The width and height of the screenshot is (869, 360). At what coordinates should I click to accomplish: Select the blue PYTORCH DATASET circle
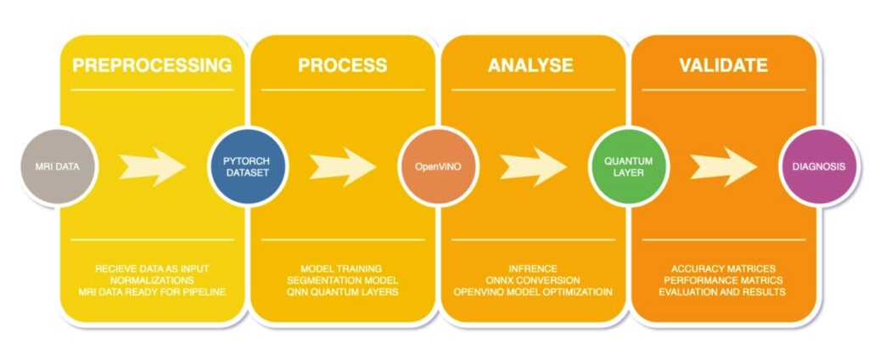(246, 167)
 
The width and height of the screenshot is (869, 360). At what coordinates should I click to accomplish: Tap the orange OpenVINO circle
(437, 167)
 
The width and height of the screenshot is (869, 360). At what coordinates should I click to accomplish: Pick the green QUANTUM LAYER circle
(628, 167)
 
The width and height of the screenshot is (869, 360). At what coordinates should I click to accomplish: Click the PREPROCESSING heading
(152, 66)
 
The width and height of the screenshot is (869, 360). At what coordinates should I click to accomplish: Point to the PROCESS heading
(342, 66)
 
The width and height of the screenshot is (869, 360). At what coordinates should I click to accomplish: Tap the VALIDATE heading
(723, 66)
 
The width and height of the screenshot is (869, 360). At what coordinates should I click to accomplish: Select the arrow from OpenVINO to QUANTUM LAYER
(532, 167)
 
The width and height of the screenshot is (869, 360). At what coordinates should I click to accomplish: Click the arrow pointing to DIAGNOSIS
(723, 167)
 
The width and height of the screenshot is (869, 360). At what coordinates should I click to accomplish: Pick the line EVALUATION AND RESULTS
(723, 292)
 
